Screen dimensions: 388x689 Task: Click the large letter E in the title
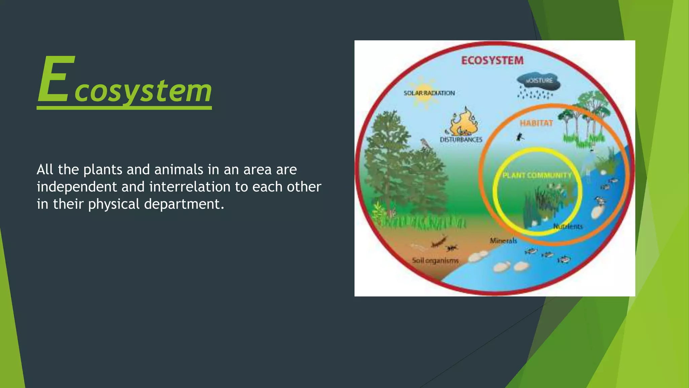55,79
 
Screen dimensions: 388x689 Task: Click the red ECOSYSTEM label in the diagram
492,61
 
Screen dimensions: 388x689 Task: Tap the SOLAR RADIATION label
429,93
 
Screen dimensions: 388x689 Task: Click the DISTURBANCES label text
461,139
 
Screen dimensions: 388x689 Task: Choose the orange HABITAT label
536,123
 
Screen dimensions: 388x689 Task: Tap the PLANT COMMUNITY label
537,175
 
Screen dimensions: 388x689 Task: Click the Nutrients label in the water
568,226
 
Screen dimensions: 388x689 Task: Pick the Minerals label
503,240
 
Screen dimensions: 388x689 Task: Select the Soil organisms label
435,260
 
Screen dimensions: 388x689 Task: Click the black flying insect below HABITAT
520,137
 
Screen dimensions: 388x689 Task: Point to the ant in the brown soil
451,249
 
